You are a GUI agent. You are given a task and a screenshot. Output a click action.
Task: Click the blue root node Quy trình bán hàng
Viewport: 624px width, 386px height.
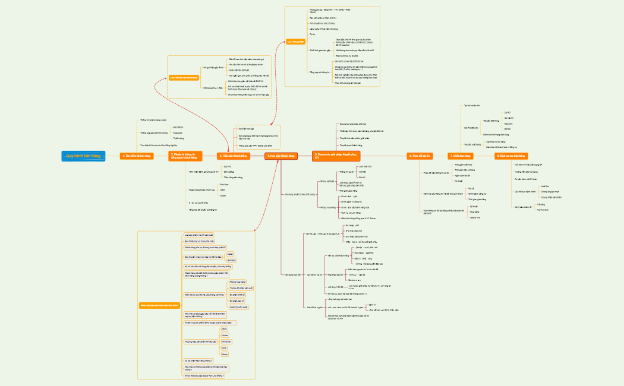click(x=83, y=156)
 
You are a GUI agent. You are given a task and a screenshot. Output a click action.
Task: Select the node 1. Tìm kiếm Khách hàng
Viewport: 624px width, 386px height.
click(x=137, y=156)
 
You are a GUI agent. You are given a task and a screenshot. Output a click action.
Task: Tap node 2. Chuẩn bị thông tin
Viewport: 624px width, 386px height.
click(x=185, y=156)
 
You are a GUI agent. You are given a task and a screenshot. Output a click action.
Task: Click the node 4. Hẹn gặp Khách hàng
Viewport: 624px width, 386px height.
click(x=281, y=156)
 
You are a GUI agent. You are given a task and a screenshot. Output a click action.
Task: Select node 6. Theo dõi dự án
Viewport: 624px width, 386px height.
click(x=419, y=156)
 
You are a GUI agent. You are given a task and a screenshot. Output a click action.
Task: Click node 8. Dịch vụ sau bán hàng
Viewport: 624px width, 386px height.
click(x=511, y=156)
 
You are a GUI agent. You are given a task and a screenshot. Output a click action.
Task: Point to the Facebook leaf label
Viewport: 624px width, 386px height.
click(x=178, y=132)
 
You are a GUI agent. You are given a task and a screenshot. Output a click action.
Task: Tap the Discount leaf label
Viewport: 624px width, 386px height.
click(x=508, y=124)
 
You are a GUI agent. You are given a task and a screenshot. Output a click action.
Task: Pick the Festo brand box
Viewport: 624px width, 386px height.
click(x=224, y=353)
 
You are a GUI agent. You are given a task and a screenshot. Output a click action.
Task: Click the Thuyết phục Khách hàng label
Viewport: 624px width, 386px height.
click(x=351, y=145)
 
